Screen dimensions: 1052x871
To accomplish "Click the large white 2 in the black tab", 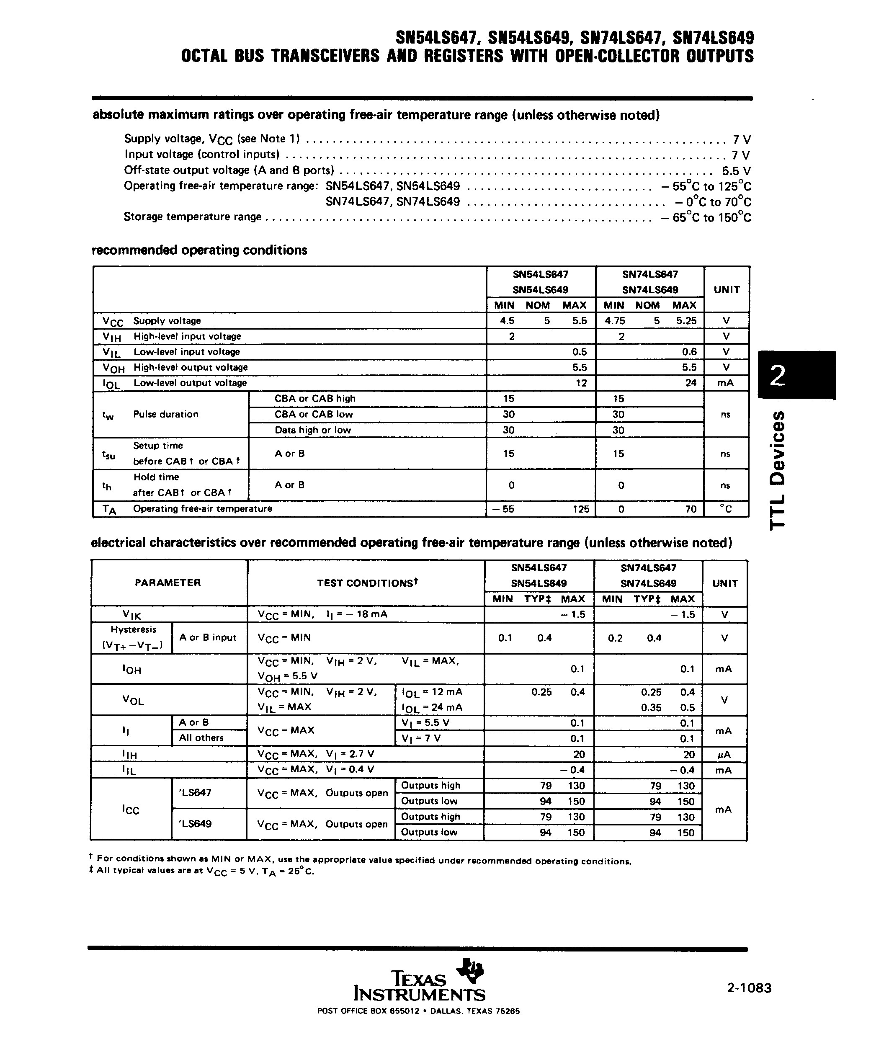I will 777,375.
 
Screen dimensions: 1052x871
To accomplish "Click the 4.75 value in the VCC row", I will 615,321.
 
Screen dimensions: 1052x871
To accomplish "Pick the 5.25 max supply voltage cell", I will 685,321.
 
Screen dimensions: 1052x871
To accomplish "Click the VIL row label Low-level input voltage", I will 186,352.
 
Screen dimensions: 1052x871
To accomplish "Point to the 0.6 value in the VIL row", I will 689,352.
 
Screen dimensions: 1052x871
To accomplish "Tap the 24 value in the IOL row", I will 691,383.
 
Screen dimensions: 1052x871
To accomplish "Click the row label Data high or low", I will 312,430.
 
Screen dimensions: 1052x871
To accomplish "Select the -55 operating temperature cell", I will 503,509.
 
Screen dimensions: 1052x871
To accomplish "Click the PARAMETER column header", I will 168,583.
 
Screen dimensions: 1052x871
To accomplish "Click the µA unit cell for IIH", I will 724,754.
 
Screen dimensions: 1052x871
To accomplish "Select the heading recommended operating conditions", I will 199,250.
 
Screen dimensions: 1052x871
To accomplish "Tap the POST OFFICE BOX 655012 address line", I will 418,1011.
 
